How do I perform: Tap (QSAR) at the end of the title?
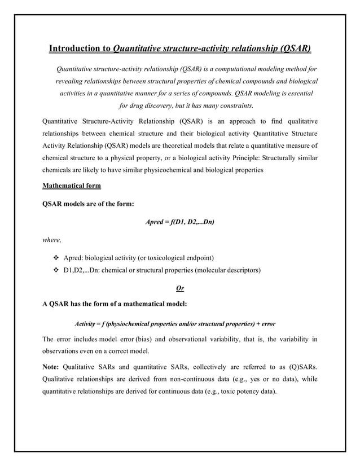coord(295,49)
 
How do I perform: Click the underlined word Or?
coord(180,288)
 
